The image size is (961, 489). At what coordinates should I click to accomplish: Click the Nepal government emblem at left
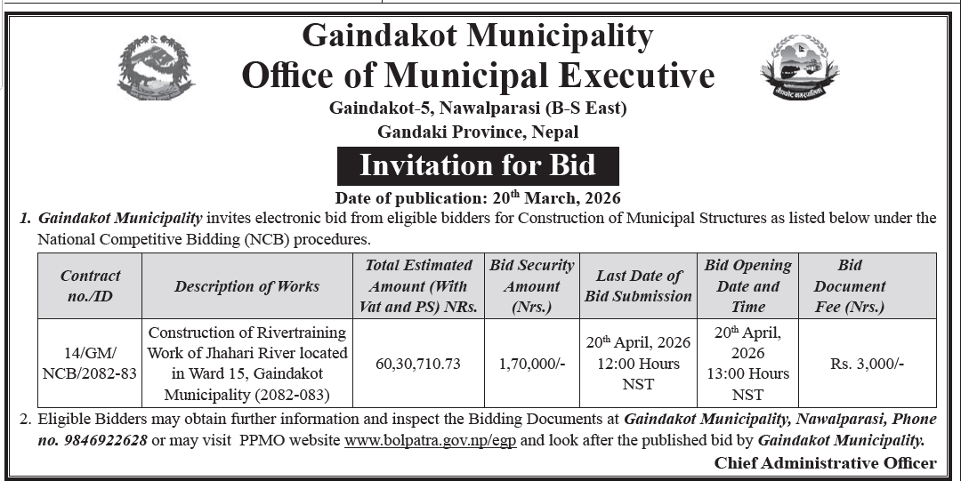point(156,67)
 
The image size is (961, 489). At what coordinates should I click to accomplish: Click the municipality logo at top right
point(800,67)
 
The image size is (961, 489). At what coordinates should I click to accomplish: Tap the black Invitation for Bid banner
point(478,165)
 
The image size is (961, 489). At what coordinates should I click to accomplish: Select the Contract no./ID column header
point(90,285)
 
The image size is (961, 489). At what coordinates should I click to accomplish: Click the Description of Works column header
point(246,285)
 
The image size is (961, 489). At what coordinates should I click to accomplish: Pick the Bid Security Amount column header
point(532,285)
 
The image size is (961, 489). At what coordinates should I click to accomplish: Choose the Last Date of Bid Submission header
point(638,285)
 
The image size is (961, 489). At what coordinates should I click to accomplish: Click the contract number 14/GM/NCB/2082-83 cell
point(90,363)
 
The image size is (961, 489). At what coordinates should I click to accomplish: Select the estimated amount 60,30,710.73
point(418,363)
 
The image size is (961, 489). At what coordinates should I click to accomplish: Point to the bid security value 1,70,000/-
point(532,363)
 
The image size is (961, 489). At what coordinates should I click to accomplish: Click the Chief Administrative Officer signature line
point(825,462)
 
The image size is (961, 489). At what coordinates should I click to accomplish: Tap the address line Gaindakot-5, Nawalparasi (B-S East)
point(478,109)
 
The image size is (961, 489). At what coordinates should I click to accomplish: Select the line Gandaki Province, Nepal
point(478,132)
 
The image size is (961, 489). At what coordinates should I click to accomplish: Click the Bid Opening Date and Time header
point(747,285)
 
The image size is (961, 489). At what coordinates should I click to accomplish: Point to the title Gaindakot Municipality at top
point(478,36)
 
